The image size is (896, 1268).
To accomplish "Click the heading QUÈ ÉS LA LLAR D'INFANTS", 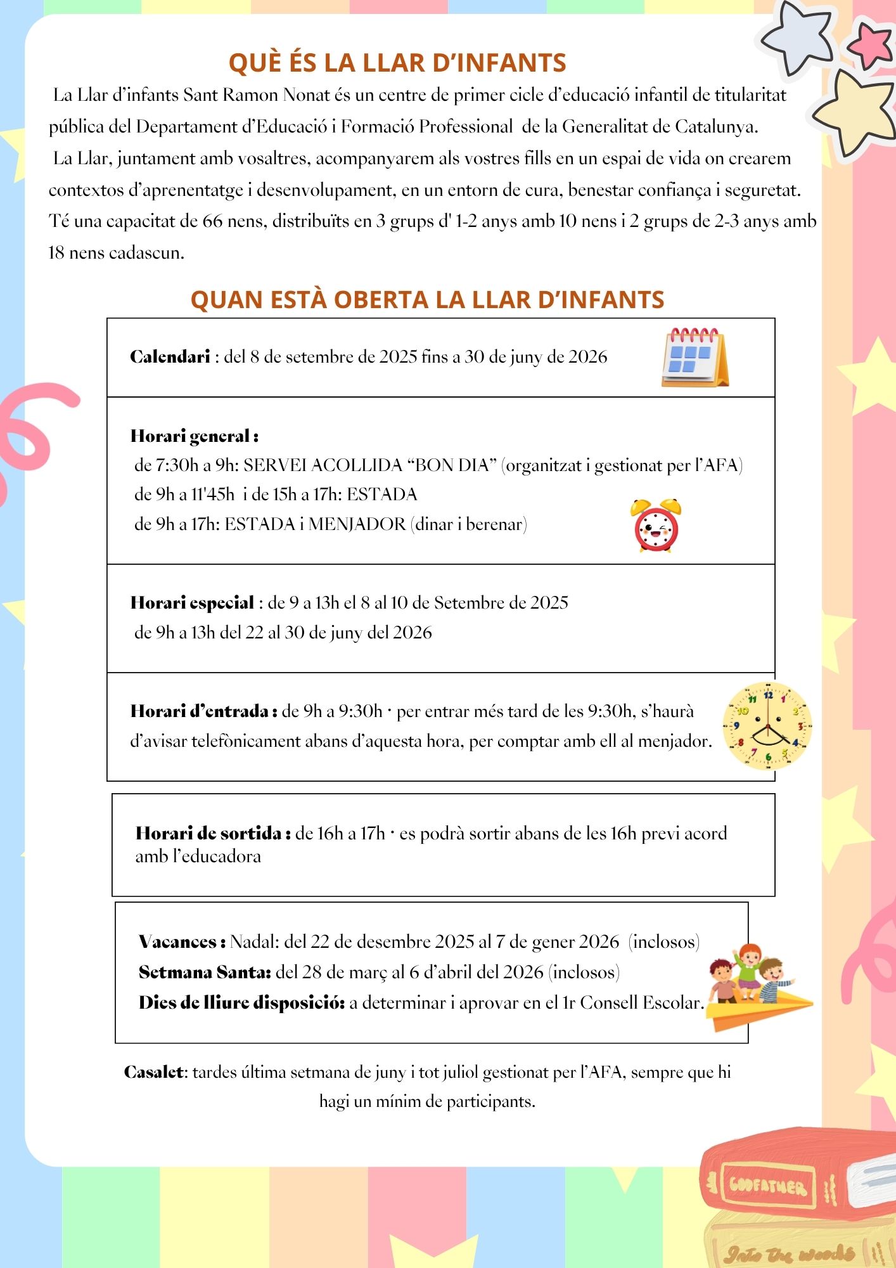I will (x=397, y=63).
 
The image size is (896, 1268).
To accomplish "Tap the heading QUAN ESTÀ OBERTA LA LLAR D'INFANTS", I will (x=427, y=300).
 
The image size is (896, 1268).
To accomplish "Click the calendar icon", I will (x=694, y=358).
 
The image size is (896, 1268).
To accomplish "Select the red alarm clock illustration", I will (x=656, y=526).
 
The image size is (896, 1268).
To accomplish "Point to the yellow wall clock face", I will (x=767, y=726).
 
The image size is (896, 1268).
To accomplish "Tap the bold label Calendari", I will (x=170, y=357).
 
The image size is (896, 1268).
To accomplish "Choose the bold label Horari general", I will (x=193, y=436).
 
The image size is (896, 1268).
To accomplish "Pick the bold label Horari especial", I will (x=192, y=603).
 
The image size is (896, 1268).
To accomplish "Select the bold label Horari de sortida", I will (x=212, y=833).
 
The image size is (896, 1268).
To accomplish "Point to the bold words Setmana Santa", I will (x=205, y=973).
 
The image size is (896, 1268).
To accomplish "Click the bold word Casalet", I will (x=155, y=1072).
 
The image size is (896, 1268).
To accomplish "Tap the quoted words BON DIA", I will (x=451, y=465).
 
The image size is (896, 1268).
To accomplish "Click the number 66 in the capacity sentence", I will (x=212, y=221).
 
